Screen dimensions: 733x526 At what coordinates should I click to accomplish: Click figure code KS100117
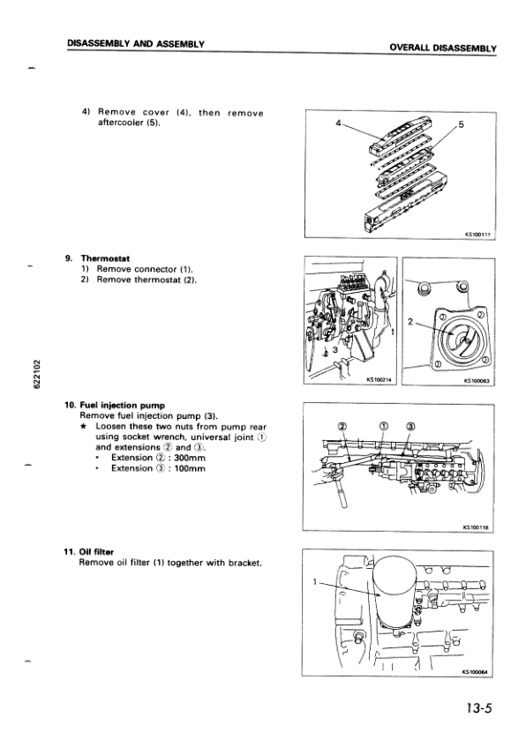(477, 235)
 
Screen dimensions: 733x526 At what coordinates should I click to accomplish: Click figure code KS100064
(477, 670)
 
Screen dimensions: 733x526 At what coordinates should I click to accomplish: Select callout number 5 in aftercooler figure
(461, 125)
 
